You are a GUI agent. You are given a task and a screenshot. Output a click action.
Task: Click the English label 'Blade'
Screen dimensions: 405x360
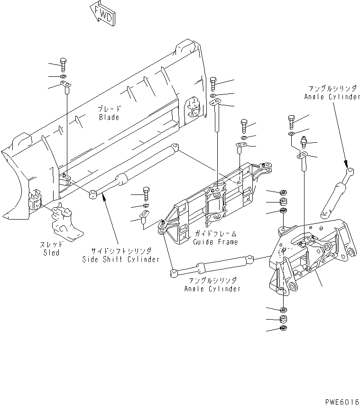[x=109, y=117]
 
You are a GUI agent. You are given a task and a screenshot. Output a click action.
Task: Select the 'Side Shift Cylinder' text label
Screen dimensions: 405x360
[x=120, y=259]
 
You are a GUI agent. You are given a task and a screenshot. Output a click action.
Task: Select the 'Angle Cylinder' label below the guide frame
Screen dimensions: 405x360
[x=212, y=288]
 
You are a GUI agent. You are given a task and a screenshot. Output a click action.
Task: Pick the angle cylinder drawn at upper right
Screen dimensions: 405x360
[x=336, y=192]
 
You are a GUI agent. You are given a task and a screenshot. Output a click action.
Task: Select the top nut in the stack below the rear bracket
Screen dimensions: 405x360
[x=283, y=310]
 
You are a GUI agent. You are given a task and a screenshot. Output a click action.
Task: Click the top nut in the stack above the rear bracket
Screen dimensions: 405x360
[x=283, y=193]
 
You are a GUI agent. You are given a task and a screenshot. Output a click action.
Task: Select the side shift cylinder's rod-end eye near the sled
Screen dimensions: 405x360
[x=93, y=193]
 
